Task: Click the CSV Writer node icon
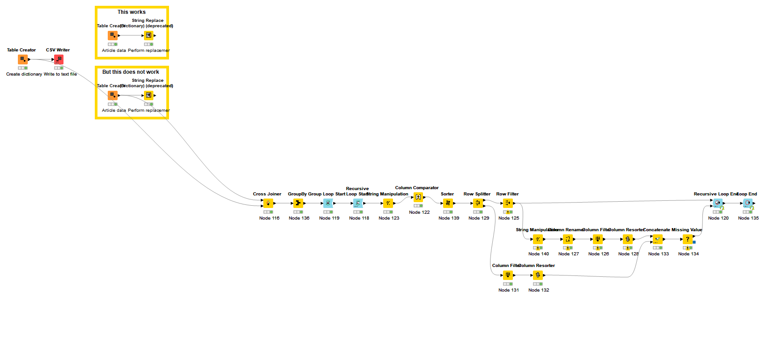59,59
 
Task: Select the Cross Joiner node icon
268,203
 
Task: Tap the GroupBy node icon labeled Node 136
298,203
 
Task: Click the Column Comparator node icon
418,197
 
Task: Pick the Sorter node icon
448,203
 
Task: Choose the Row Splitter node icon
478,203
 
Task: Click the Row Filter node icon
508,203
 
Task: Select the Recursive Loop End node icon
718,203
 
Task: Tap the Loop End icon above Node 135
748,203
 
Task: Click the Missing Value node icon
688,239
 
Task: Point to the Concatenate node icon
657,239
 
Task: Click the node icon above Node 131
507,275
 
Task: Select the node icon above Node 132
538,275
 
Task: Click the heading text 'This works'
131,12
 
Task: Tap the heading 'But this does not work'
131,72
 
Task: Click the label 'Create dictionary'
24,74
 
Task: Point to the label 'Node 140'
538,254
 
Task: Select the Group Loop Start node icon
328,203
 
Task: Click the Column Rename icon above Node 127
568,239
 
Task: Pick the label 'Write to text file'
60,74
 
